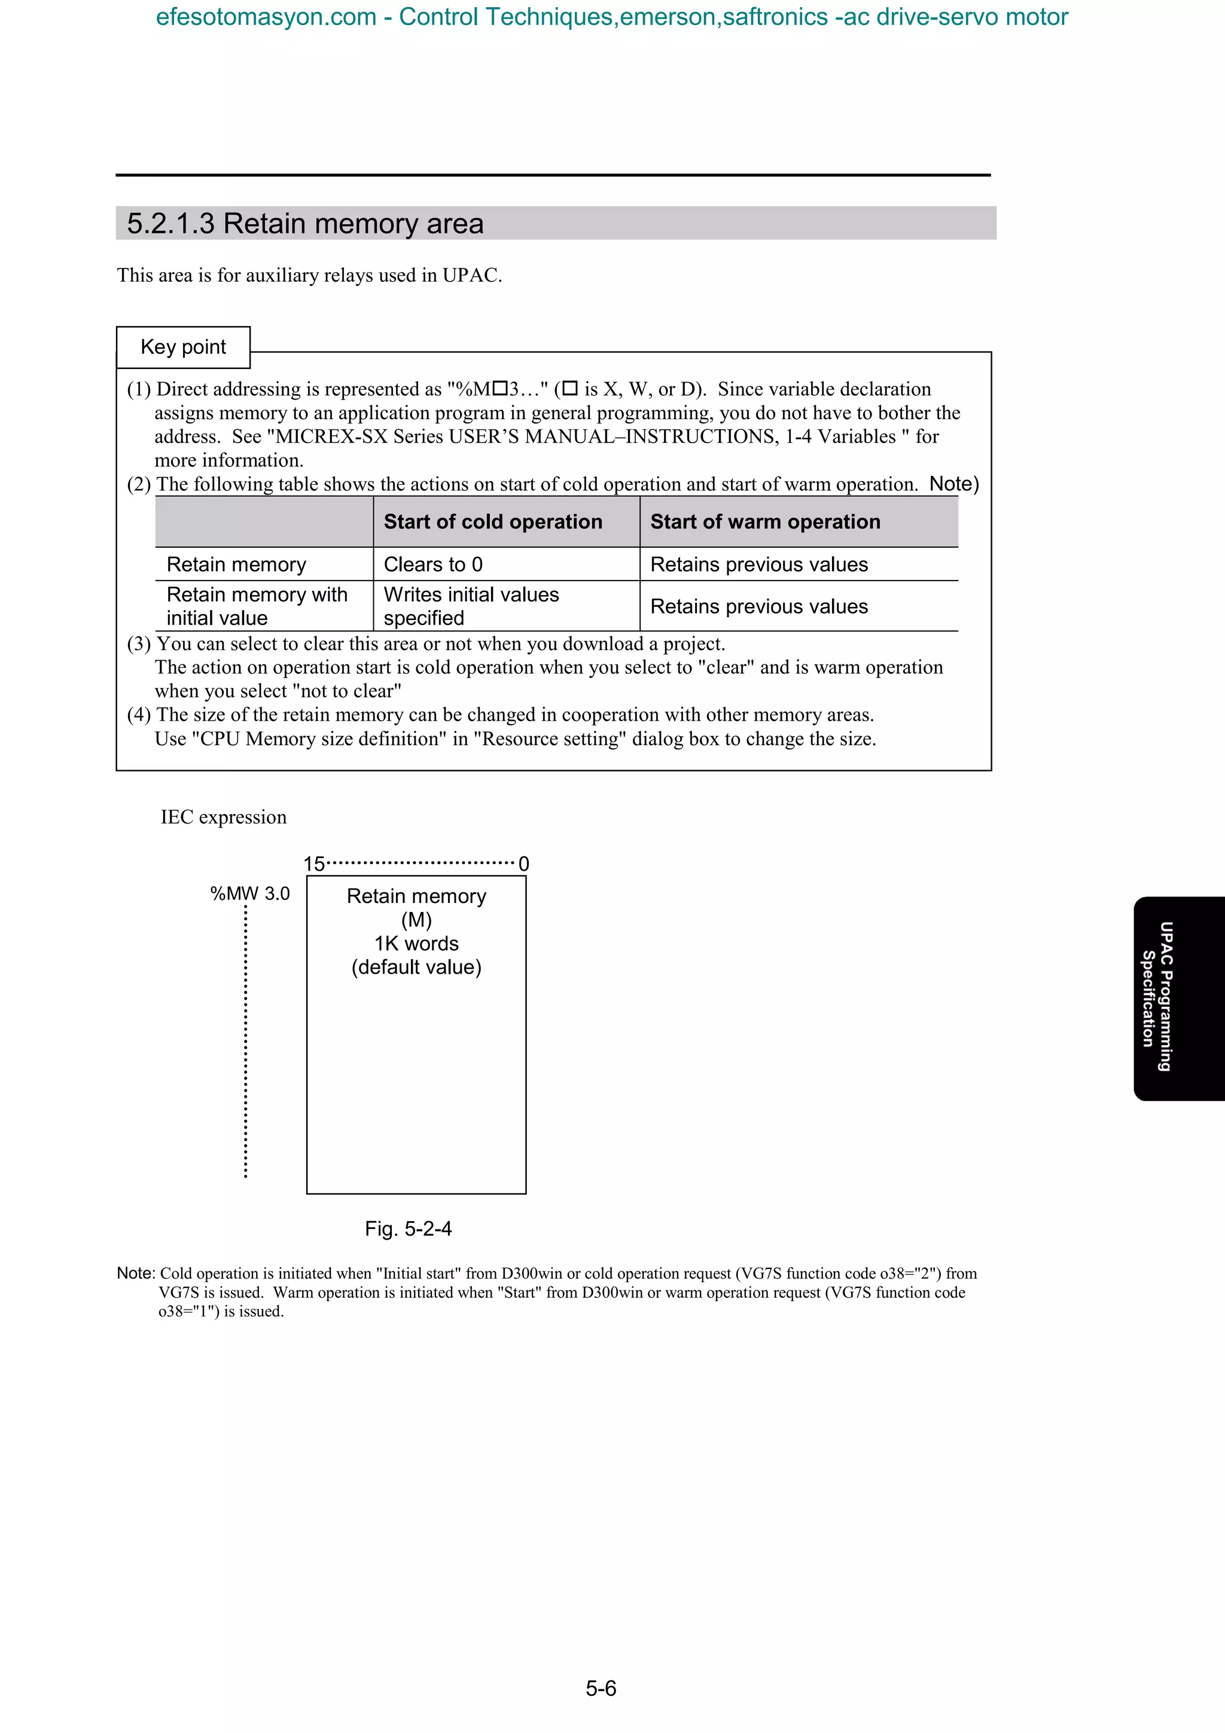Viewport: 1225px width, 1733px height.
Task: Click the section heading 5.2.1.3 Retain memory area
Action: (305, 224)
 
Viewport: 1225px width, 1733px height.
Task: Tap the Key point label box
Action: (184, 347)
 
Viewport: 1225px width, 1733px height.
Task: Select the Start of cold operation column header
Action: (493, 521)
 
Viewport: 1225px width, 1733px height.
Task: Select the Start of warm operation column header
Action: (766, 521)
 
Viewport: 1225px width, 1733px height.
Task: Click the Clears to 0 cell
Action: (433, 565)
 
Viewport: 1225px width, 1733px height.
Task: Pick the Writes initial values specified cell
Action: (471, 606)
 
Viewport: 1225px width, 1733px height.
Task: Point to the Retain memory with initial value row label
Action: (257, 606)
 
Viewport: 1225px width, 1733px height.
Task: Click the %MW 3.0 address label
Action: (250, 893)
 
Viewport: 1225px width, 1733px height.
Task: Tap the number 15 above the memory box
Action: (314, 864)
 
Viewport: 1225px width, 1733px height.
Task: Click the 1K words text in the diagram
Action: (417, 944)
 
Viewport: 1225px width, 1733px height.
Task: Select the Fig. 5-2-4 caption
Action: (409, 1229)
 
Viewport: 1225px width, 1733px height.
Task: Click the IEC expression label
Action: (224, 817)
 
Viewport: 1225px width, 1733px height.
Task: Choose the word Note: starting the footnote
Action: (136, 1273)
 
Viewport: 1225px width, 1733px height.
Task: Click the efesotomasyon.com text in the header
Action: (266, 17)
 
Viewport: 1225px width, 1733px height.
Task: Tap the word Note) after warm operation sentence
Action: (954, 484)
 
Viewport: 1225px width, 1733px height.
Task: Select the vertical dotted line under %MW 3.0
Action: (246, 1042)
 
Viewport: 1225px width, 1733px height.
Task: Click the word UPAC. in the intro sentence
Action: (472, 276)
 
